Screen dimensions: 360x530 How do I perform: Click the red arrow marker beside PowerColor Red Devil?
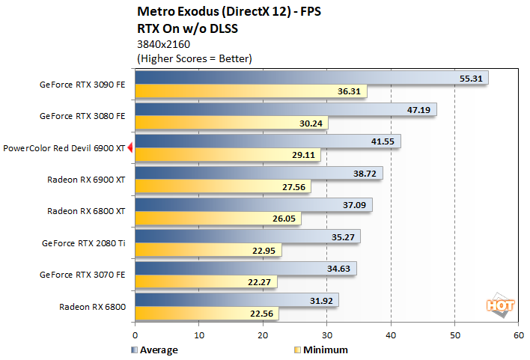coord(130,148)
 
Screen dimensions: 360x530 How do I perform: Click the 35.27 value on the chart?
coord(344,237)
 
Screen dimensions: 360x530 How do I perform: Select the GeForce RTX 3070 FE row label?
coord(82,275)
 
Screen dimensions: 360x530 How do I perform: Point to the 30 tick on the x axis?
coord(326,336)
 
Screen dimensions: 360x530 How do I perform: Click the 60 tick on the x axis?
coord(518,336)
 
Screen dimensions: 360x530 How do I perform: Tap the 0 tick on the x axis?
coord(135,336)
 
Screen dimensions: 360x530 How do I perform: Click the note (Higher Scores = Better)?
coord(194,58)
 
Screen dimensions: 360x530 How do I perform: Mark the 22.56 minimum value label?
coord(262,314)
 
